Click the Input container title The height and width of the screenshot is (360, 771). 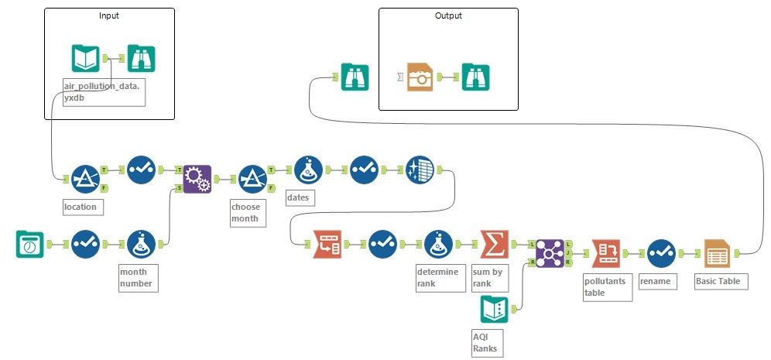coord(109,15)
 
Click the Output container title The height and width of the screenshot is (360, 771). coord(447,15)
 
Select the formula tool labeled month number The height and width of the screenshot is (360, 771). coord(141,244)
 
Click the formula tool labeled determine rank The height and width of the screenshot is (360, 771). coord(439,244)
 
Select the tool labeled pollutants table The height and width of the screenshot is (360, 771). coord(605,252)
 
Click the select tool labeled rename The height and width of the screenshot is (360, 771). coord(661,252)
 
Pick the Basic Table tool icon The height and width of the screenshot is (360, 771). coord(718,252)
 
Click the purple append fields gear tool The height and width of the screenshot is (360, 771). coord(197,179)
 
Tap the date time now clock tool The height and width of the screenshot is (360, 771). coord(30,244)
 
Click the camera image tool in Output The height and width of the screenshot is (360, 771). coord(421,77)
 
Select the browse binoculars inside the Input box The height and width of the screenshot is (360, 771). coord(141,58)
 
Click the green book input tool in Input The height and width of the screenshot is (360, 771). coord(85,58)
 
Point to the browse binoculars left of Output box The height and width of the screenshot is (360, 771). coord(355,77)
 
